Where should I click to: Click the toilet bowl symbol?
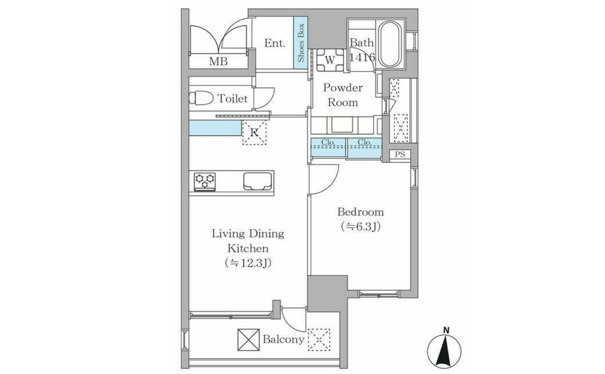click(x=201, y=98)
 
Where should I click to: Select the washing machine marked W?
click(x=330, y=60)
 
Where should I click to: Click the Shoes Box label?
click(x=301, y=42)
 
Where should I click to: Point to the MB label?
click(x=218, y=61)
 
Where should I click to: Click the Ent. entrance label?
click(x=275, y=43)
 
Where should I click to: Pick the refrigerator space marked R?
click(x=254, y=133)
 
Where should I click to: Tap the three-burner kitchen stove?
click(x=205, y=182)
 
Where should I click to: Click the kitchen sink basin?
click(x=257, y=181)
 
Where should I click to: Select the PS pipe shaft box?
click(x=400, y=154)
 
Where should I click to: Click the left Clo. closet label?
click(x=328, y=142)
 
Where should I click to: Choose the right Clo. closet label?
click(x=365, y=142)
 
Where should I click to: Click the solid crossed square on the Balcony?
click(x=248, y=340)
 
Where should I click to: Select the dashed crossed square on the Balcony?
click(x=319, y=340)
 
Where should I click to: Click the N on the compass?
click(x=446, y=331)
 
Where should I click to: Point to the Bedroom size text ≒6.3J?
click(x=361, y=227)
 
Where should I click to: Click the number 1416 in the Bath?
click(x=362, y=57)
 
